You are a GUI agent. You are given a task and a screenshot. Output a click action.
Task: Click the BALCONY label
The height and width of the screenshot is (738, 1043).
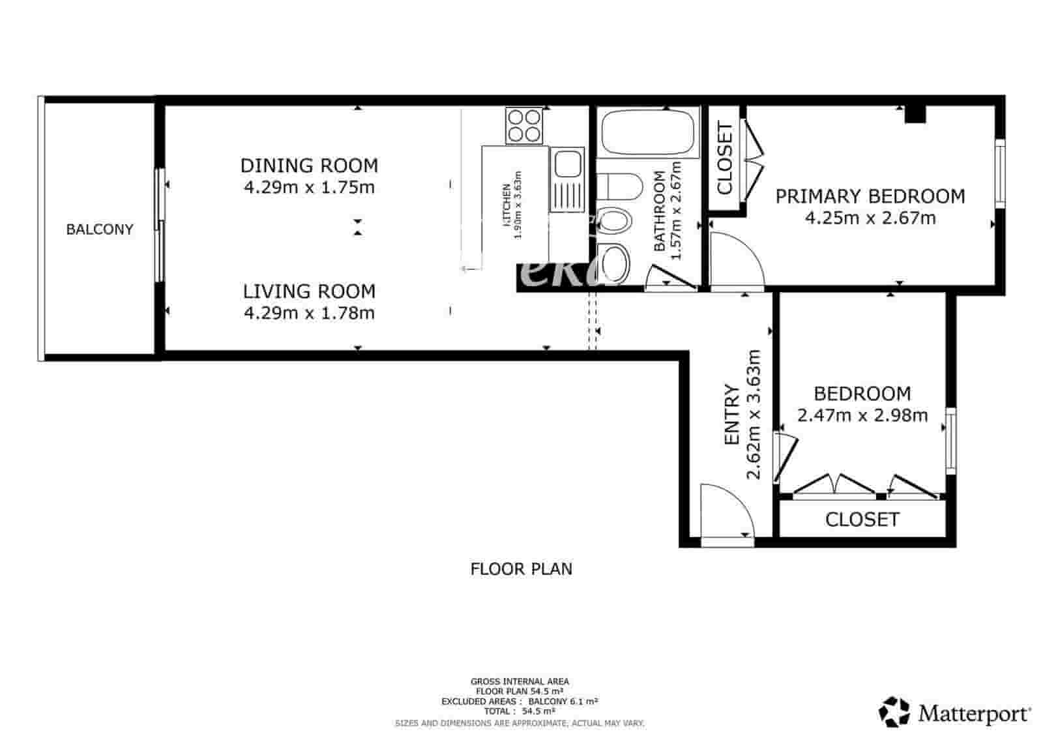[100, 229]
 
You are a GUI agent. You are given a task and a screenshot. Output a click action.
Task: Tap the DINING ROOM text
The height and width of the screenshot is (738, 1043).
[309, 166]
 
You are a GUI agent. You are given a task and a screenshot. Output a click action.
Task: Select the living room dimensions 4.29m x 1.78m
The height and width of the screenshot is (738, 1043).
[309, 313]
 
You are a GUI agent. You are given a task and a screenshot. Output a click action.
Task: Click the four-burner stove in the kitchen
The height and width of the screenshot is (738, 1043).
[524, 126]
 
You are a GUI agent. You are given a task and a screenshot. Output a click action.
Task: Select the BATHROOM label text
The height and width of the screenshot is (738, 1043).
[660, 211]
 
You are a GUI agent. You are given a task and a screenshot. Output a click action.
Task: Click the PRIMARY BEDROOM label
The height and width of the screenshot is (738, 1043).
[870, 196]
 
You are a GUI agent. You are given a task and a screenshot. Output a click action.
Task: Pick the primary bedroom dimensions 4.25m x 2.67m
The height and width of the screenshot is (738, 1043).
[870, 218]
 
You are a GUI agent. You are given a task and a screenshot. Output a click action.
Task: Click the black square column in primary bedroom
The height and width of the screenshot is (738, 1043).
[915, 114]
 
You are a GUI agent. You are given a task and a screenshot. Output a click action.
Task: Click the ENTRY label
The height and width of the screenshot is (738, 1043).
[732, 415]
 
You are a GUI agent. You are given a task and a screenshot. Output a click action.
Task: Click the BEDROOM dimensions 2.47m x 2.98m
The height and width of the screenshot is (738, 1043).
[862, 415]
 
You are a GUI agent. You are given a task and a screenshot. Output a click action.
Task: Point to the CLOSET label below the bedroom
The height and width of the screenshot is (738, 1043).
[862, 520]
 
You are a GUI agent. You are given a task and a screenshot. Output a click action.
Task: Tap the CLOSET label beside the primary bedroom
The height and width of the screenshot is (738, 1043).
[725, 158]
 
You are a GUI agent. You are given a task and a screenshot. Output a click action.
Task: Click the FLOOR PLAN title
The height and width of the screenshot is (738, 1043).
[521, 569]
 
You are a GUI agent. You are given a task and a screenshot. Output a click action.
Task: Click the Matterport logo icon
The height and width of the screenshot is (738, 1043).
[894, 712]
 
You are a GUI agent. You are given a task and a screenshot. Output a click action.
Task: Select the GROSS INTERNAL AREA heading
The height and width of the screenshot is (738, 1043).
[520, 681]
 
